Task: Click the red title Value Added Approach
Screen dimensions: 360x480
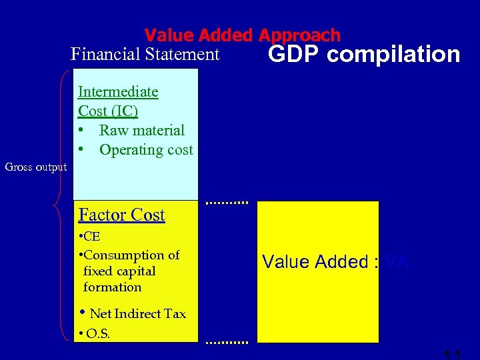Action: [242, 35]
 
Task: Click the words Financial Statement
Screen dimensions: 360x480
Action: [145, 54]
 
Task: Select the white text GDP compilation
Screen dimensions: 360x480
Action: [363, 55]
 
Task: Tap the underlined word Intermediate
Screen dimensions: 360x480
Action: [118, 92]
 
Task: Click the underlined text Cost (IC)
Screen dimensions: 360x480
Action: [108, 111]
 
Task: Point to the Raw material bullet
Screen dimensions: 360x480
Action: [141, 130]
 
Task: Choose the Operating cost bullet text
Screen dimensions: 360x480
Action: [146, 150]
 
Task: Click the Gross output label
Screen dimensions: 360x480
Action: [36, 167]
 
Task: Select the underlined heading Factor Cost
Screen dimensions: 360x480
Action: [121, 215]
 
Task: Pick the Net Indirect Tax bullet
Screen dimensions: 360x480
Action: [137, 313]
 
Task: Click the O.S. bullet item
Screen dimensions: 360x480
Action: [97, 333]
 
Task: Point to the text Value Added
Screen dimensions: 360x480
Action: [316, 262]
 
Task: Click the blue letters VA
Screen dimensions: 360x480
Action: [397, 262]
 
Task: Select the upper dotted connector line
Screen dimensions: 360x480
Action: [227, 201]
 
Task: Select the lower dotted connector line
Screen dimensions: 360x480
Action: [227, 342]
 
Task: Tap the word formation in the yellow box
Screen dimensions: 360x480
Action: [113, 287]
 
